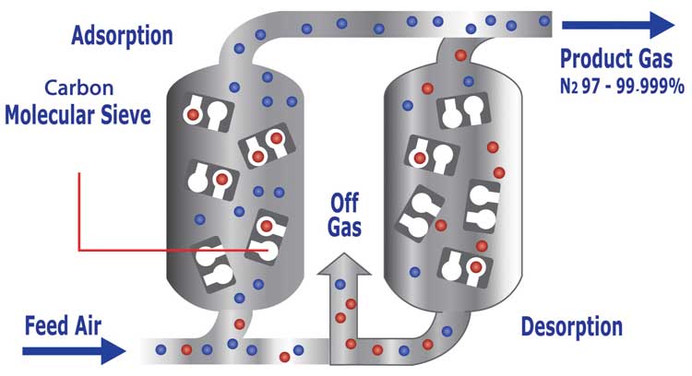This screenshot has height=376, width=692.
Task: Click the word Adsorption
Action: click(122, 37)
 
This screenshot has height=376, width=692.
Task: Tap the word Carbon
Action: click(79, 88)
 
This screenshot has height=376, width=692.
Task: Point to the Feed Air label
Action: click(63, 325)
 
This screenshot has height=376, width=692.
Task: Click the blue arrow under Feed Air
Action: click(74, 351)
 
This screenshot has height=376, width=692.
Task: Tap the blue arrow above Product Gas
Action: click(618, 25)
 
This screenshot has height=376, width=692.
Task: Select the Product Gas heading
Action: click(616, 60)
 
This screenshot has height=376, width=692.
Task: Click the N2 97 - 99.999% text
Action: click(622, 86)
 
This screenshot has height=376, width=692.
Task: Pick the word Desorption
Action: click(572, 327)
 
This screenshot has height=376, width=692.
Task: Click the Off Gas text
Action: click(345, 215)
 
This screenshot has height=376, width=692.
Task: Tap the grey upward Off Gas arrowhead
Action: click(344, 264)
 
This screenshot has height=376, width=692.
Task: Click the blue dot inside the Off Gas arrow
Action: click(340, 285)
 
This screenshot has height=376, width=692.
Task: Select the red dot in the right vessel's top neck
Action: click(460, 55)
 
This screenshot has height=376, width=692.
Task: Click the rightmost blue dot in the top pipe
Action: click(544, 20)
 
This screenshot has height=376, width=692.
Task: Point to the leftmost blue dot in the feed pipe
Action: click(161, 349)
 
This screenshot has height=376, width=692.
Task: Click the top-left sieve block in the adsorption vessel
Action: click(209, 112)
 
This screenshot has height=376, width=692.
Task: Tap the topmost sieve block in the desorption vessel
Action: click(463, 112)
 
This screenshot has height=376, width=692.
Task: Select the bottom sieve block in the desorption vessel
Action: click(465, 267)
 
